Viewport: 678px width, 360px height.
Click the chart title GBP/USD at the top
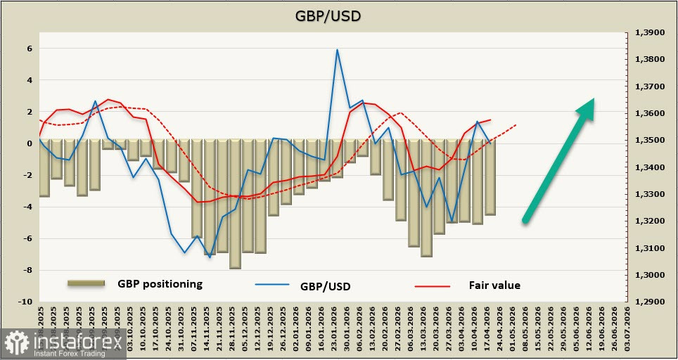click(338, 15)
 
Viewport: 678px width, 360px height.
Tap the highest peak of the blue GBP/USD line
click(337, 50)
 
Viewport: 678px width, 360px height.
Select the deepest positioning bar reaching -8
click(235, 204)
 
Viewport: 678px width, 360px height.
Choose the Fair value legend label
click(494, 285)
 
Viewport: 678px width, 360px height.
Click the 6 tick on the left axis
click(30, 49)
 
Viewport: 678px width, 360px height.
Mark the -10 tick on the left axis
click(27, 302)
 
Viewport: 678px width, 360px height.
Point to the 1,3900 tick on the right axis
click(649, 32)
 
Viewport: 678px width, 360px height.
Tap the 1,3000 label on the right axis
click(649, 275)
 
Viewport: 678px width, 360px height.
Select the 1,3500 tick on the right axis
click(649, 141)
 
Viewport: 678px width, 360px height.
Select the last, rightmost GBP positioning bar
click(490, 177)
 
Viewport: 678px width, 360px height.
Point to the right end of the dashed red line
click(516, 125)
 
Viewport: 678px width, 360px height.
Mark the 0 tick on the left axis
click(30, 143)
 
